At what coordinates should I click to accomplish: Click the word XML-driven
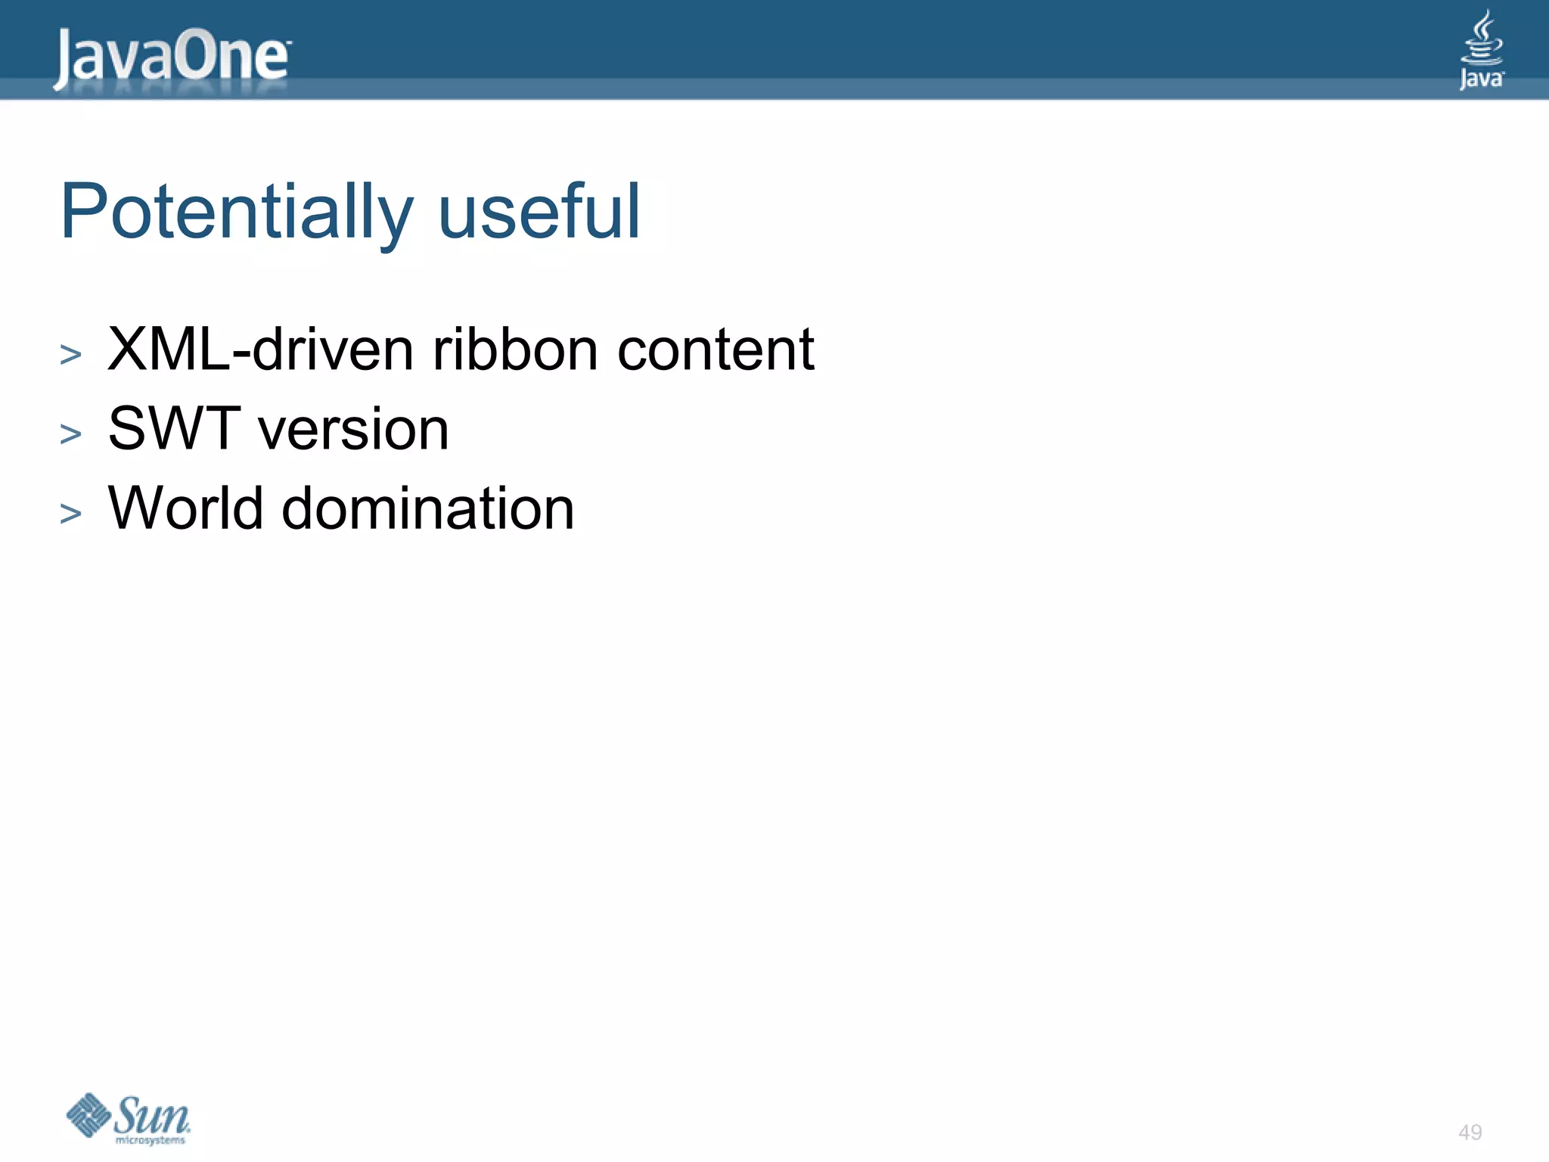261,350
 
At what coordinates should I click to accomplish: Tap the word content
716,350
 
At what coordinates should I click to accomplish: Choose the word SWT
175,428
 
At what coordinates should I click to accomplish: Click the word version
354,430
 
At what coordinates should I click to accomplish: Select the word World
185,508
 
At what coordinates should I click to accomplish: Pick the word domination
428,508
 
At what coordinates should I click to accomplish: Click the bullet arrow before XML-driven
70,354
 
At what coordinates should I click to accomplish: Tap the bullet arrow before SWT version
70,433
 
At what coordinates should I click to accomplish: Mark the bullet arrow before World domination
70,513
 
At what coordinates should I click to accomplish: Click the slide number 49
1470,1132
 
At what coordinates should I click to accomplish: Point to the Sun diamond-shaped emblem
89,1114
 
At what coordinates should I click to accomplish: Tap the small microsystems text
150,1140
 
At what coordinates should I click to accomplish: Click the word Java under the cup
1481,79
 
